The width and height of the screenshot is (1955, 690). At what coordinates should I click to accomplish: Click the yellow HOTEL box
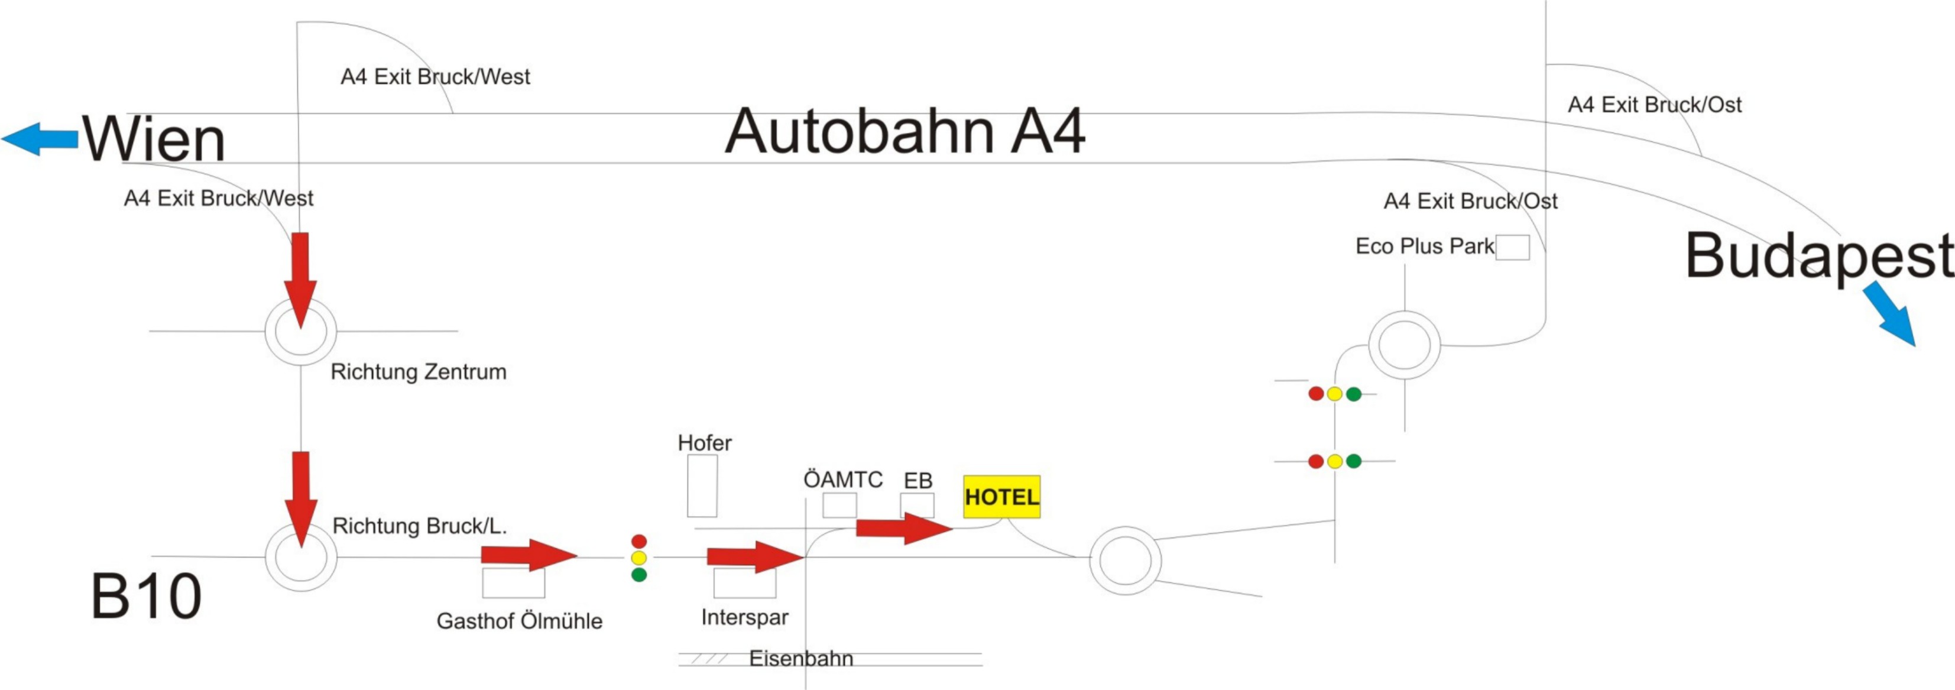coord(1001,497)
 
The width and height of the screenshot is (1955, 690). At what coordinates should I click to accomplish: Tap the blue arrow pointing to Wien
coord(40,139)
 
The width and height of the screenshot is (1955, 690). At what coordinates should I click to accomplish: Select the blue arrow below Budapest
coord(1891,313)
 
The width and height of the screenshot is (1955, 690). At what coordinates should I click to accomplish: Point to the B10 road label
coord(145,597)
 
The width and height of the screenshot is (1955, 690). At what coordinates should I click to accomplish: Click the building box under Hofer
coord(702,486)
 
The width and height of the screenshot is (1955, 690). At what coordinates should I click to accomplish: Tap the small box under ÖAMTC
coord(839,506)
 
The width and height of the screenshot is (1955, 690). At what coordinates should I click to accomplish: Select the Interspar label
coord(744,617)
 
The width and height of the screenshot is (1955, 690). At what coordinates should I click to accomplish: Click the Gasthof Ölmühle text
coord(519,621)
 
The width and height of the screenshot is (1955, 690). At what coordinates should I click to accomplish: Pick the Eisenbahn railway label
coord(800,658)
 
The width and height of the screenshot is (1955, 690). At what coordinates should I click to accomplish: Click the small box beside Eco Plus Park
coord(1512,248)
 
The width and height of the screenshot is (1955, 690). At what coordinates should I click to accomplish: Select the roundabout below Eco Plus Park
coord(1404,345)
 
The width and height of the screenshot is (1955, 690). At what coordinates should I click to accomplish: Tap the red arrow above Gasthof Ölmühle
coord(529,555)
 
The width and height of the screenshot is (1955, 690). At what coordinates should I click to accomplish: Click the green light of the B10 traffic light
coord(639,575)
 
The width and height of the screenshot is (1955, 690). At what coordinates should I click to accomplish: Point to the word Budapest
coord(1818,257)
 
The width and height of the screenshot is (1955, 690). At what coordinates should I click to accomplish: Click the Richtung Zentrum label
coord(418,372)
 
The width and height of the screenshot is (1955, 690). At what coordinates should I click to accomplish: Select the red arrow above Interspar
coord(754,557)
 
